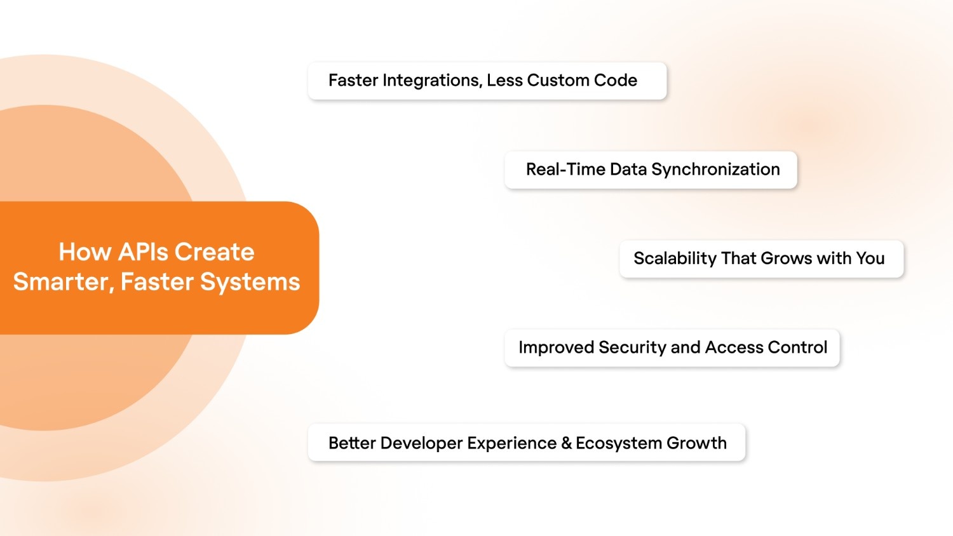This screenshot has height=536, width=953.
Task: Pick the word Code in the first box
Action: tap(615, 81)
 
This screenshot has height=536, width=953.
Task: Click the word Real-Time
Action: tap(565, 170)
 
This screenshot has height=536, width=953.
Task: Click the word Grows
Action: tap(786, 258)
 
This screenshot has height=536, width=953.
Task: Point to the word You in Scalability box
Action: tap(870, 258)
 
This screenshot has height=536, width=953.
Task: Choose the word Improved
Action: tap(556, 347)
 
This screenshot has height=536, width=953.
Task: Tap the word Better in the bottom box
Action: tap(352, 443)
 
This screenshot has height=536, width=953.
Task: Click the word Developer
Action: tap(421, 443)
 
